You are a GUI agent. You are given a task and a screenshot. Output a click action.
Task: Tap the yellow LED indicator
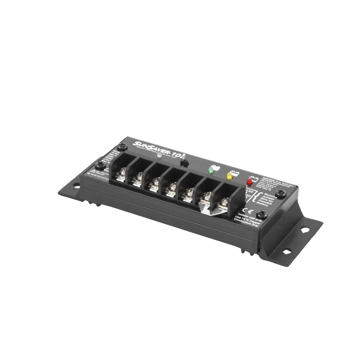pos(229,176)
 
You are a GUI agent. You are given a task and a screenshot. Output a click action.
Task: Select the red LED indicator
pos(248,181)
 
